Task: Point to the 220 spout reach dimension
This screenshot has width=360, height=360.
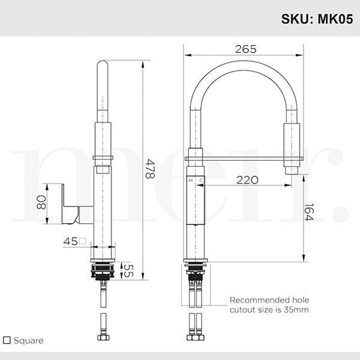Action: coord(247,179)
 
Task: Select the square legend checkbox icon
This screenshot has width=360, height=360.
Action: coord(7,340)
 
